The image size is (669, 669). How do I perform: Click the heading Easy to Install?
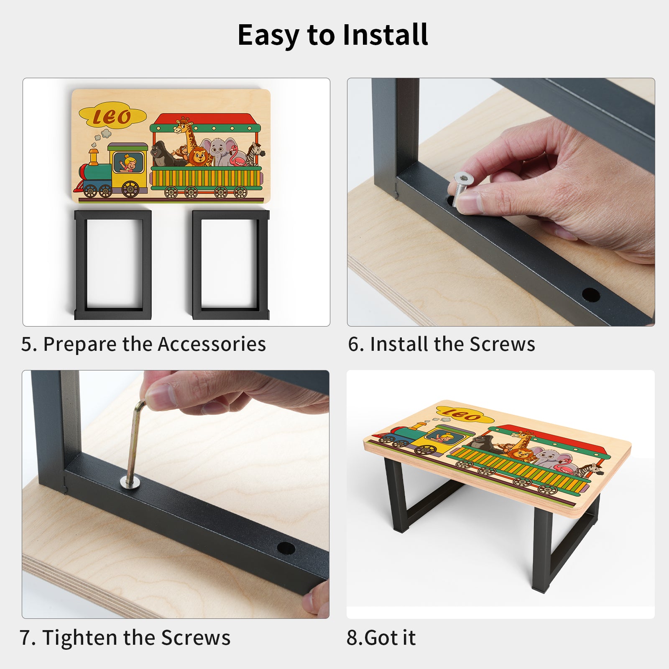point(333,35)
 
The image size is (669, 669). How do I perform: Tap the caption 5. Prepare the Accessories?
point(143,344)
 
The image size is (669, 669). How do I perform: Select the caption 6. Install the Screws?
point(442,344)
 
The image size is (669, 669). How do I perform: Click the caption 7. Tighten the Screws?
point(125,638)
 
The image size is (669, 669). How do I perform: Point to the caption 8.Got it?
point(381,638)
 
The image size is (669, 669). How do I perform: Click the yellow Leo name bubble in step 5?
point(112,116)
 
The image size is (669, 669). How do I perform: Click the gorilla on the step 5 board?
point(163,154)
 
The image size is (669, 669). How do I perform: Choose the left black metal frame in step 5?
point(113,265)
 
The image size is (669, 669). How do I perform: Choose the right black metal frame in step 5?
point(231,265)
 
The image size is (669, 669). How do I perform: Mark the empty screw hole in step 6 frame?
point(591,295)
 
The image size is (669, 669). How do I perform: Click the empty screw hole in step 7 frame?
point(286,548)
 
